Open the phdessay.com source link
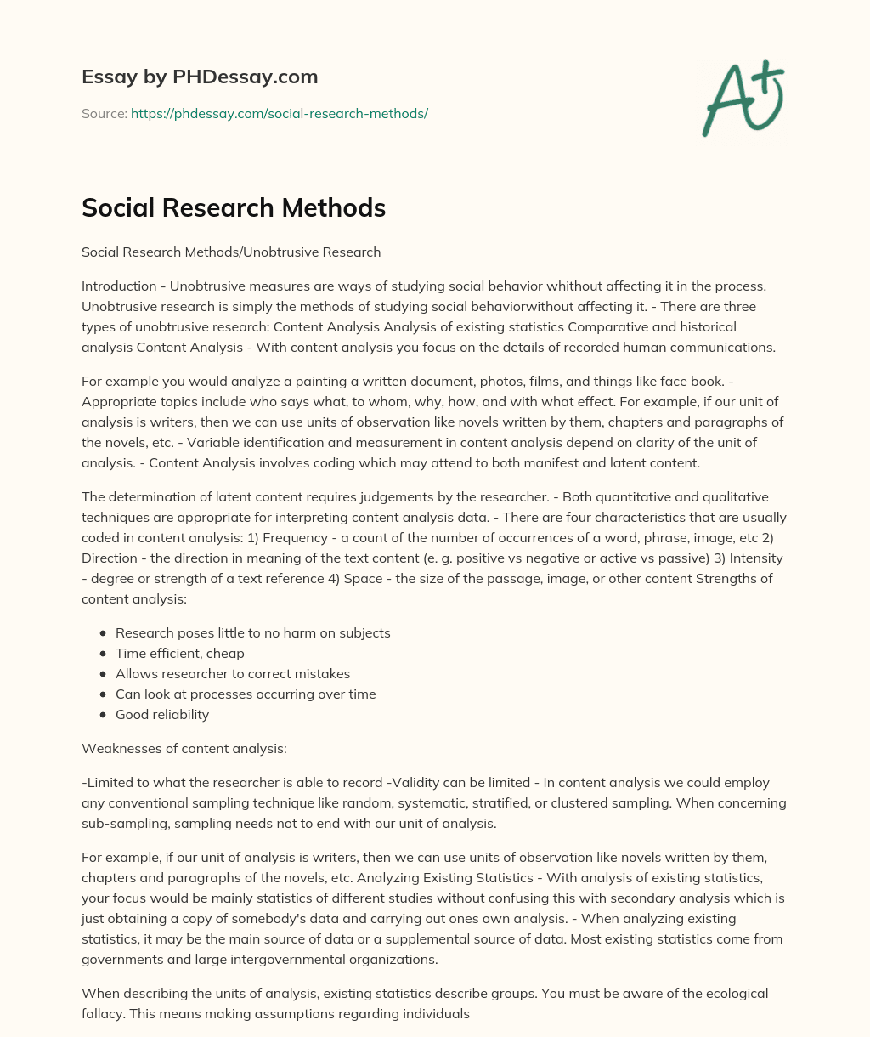pos(279,113)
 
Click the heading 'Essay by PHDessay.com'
pos(200,77)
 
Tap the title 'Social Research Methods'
pos(234,208)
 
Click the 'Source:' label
pos(104,113)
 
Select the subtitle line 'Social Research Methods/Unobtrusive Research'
pos(231,252)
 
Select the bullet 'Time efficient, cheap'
pos(180,653)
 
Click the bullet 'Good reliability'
pos(162,714)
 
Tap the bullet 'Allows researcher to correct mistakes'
pos(233,673)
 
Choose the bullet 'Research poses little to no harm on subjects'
pos(253,632)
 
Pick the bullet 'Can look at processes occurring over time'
pos(246,694)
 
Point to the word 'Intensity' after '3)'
pos(754,558)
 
